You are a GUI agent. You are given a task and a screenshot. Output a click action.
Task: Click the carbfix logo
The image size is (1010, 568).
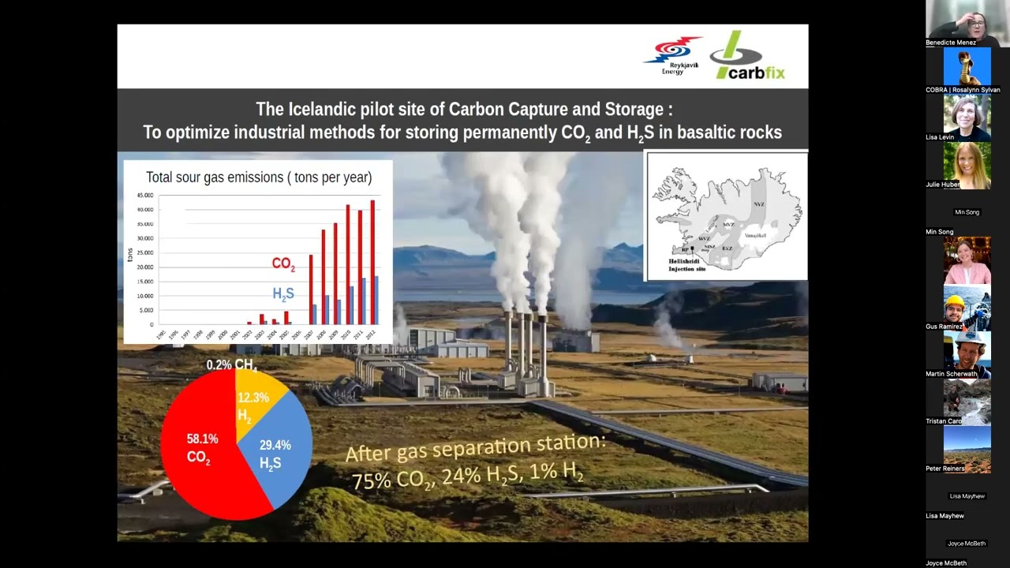pos(747,57)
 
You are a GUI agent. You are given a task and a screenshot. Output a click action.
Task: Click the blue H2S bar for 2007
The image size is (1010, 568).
pos(315,314)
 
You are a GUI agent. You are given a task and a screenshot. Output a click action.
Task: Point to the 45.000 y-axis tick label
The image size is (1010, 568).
pos(145,195)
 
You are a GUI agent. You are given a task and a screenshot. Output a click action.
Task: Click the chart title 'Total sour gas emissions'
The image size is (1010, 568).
pos(258,177)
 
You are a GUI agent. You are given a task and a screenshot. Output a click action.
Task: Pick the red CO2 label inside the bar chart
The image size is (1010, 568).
pos(283,264)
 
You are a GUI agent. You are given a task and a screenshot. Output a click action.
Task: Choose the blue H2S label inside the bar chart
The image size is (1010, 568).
pos(283,294)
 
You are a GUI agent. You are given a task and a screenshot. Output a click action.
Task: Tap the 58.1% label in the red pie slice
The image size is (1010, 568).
pos(202,439)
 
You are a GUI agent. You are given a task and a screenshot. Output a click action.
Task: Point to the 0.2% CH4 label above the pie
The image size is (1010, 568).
pos(231,365)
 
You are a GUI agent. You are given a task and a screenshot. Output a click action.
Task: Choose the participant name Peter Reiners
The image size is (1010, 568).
pos(945,469)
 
